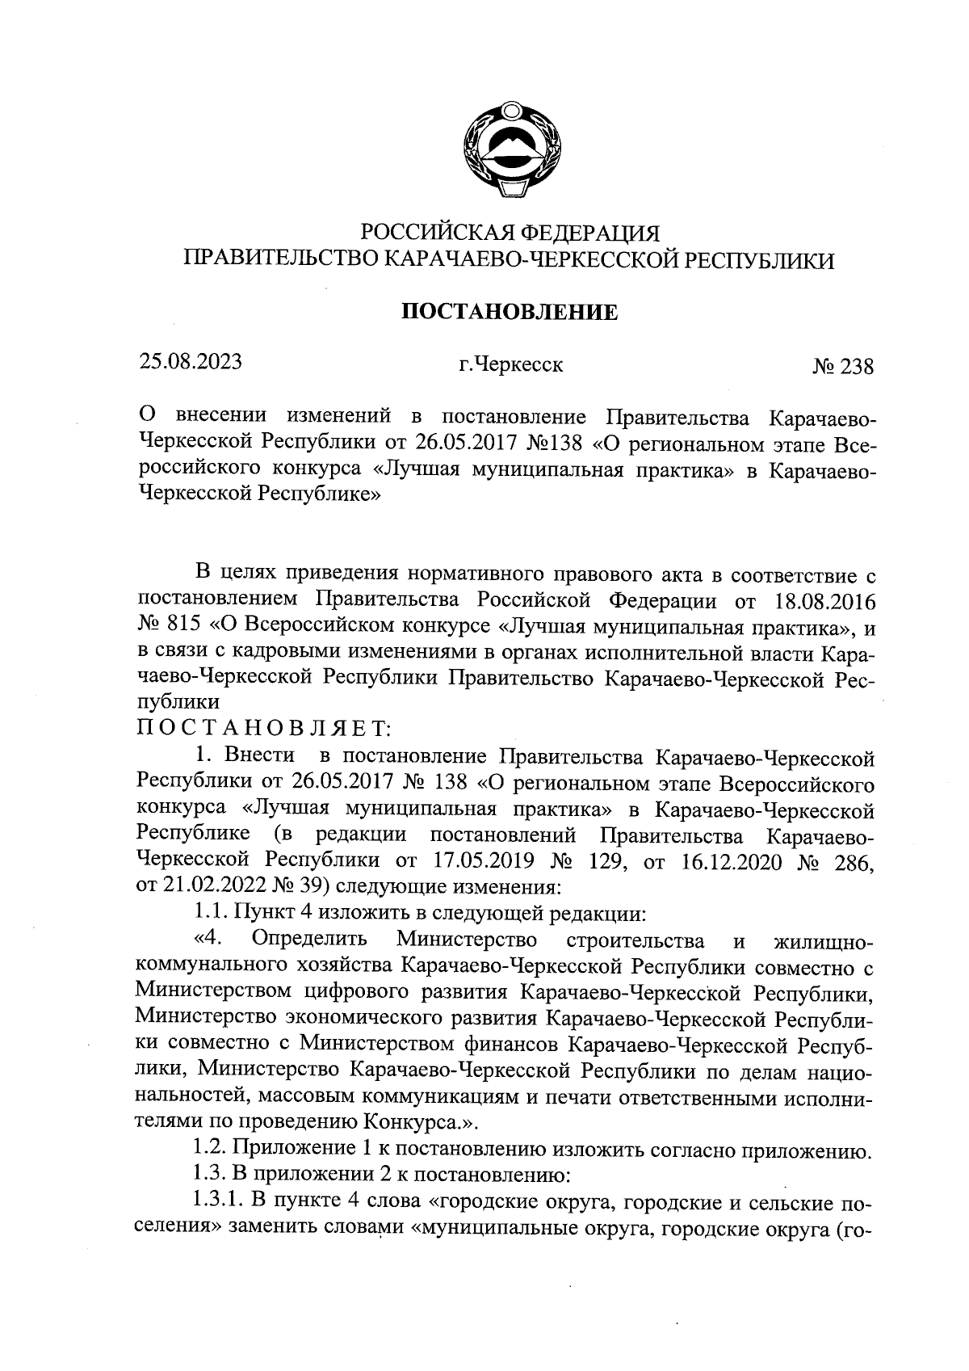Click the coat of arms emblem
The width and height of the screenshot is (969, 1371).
[510, 149]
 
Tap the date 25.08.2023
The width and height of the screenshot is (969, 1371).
[191, 361]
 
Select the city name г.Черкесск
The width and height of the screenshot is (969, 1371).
[510, 365]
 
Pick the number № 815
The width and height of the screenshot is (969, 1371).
[171, 627]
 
